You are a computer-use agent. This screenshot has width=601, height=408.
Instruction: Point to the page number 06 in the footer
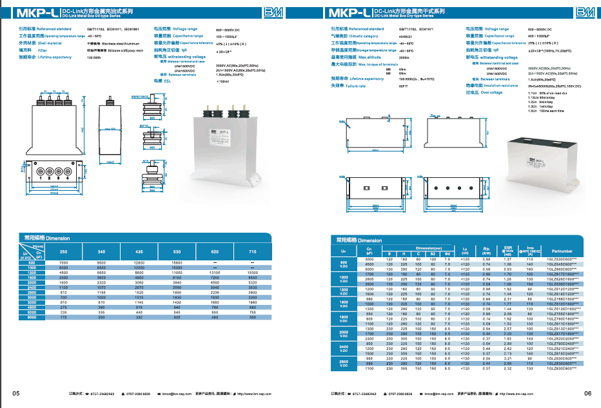pyautogui.click(x=587, y=393)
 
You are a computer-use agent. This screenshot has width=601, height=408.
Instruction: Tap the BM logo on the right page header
pyautogui.click(x=584, y=12)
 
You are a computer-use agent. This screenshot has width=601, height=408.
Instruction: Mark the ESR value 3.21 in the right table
pyautogui.click(x=508, y=358)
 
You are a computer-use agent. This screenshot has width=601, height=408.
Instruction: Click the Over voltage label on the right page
pyautogui.click(x=494, y=92)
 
